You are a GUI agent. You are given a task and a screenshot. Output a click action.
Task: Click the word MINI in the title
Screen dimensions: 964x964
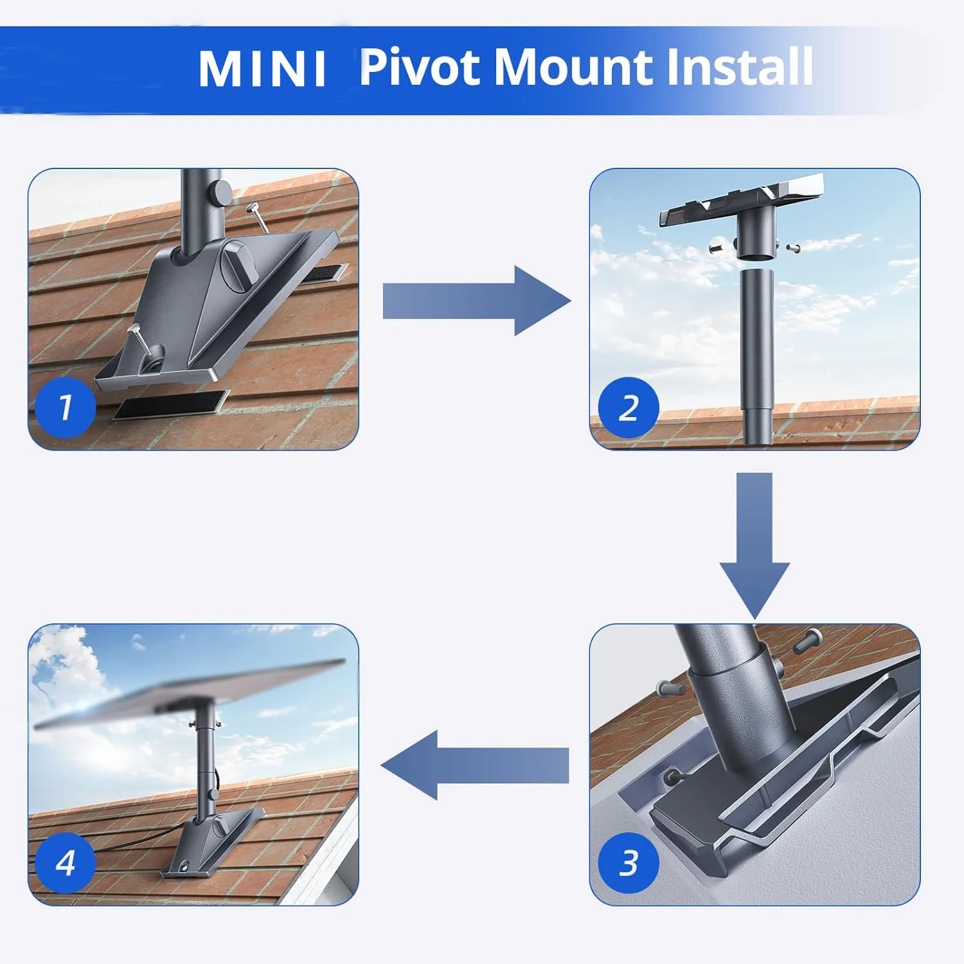[262, 68]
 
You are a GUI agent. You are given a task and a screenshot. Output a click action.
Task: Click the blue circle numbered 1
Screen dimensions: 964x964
[65, 407]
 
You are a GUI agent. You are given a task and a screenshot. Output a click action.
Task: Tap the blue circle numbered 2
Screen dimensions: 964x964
[628, 407]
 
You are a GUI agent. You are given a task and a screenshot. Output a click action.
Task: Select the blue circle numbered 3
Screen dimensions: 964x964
[628, 862]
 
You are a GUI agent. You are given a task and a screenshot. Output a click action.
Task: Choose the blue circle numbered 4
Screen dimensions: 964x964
[65, 862]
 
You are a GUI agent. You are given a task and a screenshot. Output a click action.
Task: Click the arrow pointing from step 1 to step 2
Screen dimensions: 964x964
[476, 301]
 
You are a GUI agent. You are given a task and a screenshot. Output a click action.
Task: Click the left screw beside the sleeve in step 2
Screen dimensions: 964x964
[717, 246]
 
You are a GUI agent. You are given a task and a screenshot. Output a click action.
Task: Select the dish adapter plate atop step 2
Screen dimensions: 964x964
[742, 199]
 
